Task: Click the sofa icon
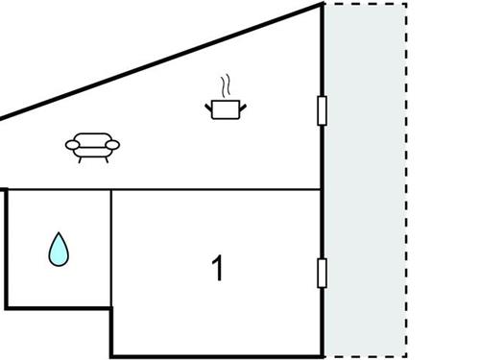(x=93, y=146)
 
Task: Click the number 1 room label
(x=218, y=268)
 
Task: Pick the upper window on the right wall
(x=323, y=111)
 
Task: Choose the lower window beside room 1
(x=323, y=273)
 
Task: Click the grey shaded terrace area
(x=366, y=182)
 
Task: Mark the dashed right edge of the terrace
(x=407, y=182)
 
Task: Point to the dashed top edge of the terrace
(x=366, y=4)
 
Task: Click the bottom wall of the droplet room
(x=58, y=307)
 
